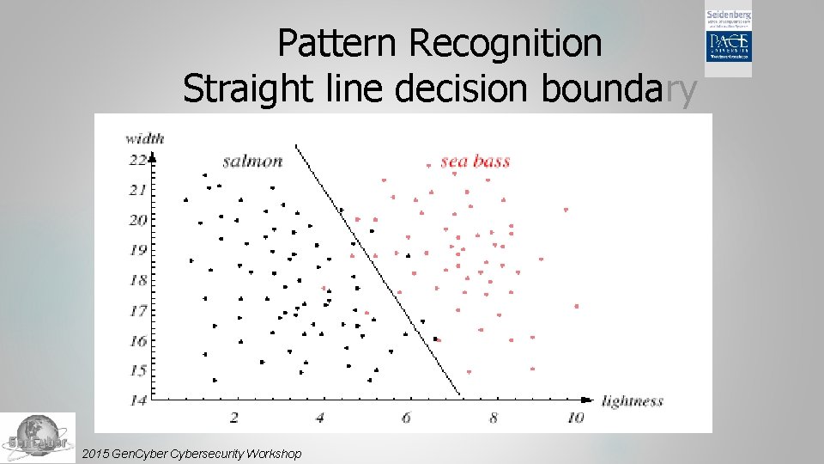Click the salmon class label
(x=252, y=161)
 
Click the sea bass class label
(x=476, y=161)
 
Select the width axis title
(x=144, y=137)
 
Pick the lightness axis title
(x=633, y=400)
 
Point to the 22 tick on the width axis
(x=137, y=160)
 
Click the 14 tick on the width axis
(x=137, y=400)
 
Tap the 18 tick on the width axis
(x=137, y=280)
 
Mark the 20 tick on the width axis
(x=137, y=220)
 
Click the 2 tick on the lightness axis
(x=234, y=418)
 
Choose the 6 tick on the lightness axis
(x=406, y=418)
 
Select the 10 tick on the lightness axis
(x=575, y=418)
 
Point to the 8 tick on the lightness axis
(x=493, y=418)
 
